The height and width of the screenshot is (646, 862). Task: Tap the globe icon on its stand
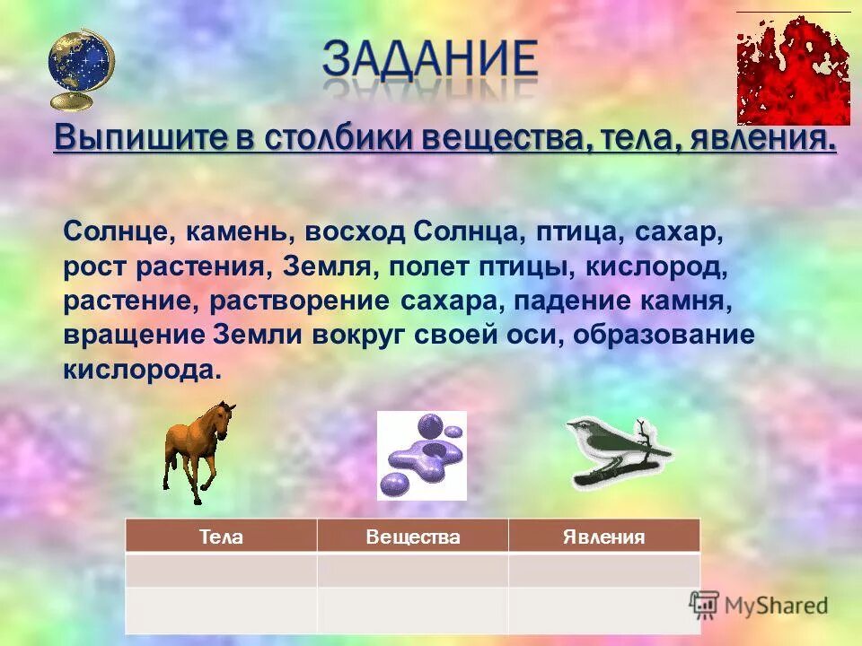coord(81,68)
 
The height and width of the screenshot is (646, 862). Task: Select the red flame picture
coord(793,70)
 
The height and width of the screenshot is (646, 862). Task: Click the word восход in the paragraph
coord(356,231)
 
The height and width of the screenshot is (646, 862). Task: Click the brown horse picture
coord(198,450)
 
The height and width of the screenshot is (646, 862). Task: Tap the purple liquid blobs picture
coord(421,455)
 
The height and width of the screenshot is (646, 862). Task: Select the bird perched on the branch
coord(618,451)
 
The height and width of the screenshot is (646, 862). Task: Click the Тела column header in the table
coord(221,537)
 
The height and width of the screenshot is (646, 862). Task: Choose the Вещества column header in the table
coord(413,537)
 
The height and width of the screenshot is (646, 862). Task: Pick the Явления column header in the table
coord(603,537)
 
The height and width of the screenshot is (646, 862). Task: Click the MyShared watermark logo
coord(759,606)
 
